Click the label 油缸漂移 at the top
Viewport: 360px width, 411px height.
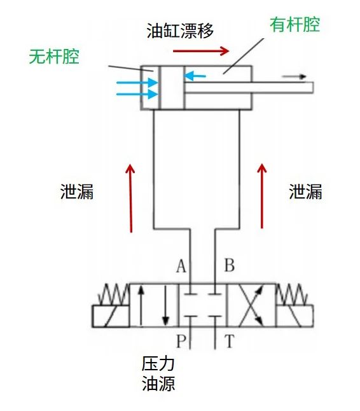[179, 29]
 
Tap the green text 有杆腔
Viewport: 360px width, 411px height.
[294, 25]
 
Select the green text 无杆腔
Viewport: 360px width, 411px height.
[54, 57]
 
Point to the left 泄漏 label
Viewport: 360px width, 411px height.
[77, 192]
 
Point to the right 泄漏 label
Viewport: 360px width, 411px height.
[306, 192]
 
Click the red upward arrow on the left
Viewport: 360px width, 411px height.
[130, 198]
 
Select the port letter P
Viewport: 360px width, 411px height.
[181, 342]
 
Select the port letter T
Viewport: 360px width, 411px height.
[230, 342]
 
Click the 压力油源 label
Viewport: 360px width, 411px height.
[158, 374]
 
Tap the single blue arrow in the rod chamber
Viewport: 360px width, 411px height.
[196, 76]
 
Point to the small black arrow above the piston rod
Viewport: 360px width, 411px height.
[294, 76]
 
